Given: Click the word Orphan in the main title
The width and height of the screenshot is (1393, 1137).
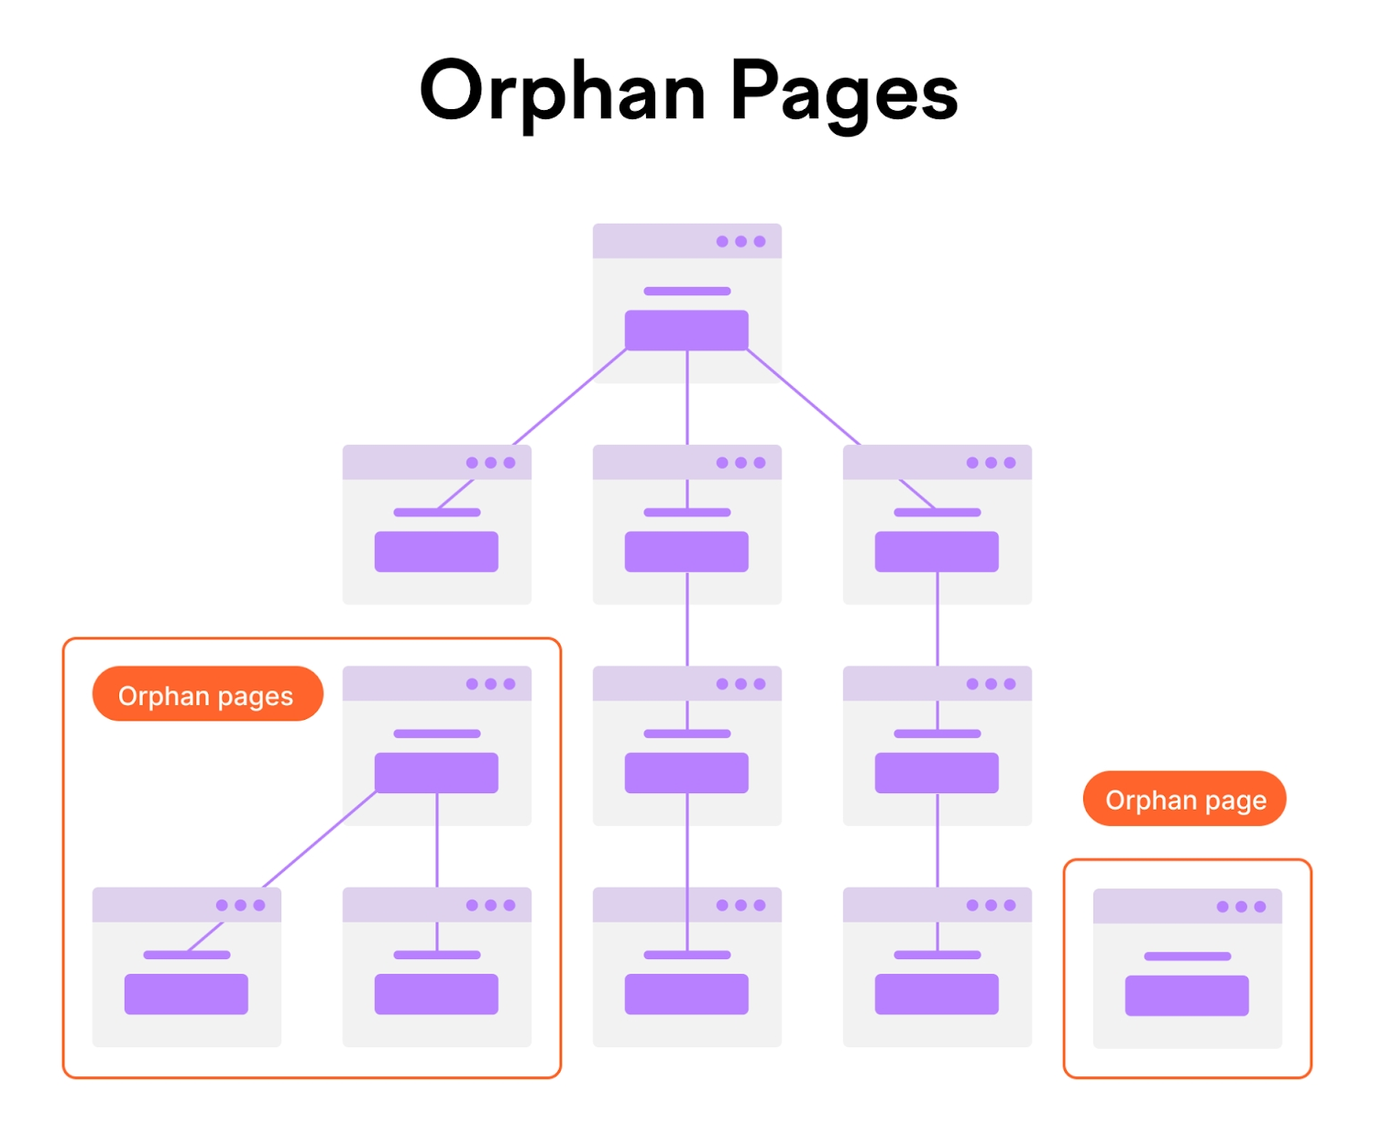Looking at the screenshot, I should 562,92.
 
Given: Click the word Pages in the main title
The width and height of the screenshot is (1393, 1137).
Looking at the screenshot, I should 843,92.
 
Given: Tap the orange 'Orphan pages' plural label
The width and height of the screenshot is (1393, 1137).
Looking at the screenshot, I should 207,695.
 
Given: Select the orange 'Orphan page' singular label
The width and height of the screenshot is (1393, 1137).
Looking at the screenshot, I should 1185,799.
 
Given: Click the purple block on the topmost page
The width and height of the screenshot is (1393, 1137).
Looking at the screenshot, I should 686,330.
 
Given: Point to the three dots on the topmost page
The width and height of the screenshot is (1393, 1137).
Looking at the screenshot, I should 740,241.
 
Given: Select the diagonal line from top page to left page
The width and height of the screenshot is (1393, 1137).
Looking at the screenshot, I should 568,397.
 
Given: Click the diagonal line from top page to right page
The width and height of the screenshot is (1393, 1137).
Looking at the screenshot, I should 805,397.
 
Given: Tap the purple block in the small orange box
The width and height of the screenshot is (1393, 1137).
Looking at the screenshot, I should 1187,996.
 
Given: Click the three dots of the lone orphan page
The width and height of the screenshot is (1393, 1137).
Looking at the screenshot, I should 1241,907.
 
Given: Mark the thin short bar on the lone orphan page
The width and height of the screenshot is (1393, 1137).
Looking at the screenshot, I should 1187,956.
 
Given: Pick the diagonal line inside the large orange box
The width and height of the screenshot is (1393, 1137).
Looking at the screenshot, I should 319,840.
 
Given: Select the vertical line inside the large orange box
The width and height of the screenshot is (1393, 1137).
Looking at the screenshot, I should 437,839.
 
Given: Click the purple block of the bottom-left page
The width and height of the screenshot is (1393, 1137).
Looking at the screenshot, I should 186,994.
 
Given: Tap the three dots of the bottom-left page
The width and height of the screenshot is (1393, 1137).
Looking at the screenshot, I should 240,905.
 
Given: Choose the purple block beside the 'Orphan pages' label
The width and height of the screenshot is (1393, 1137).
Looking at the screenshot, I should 436,773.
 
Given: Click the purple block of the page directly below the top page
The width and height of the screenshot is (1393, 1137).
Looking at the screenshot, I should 686,552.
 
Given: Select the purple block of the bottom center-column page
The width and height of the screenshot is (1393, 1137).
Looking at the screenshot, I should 686,994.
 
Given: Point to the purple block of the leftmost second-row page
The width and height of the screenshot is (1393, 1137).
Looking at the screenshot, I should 436,552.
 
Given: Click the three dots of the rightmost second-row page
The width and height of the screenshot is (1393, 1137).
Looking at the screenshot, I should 991,463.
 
